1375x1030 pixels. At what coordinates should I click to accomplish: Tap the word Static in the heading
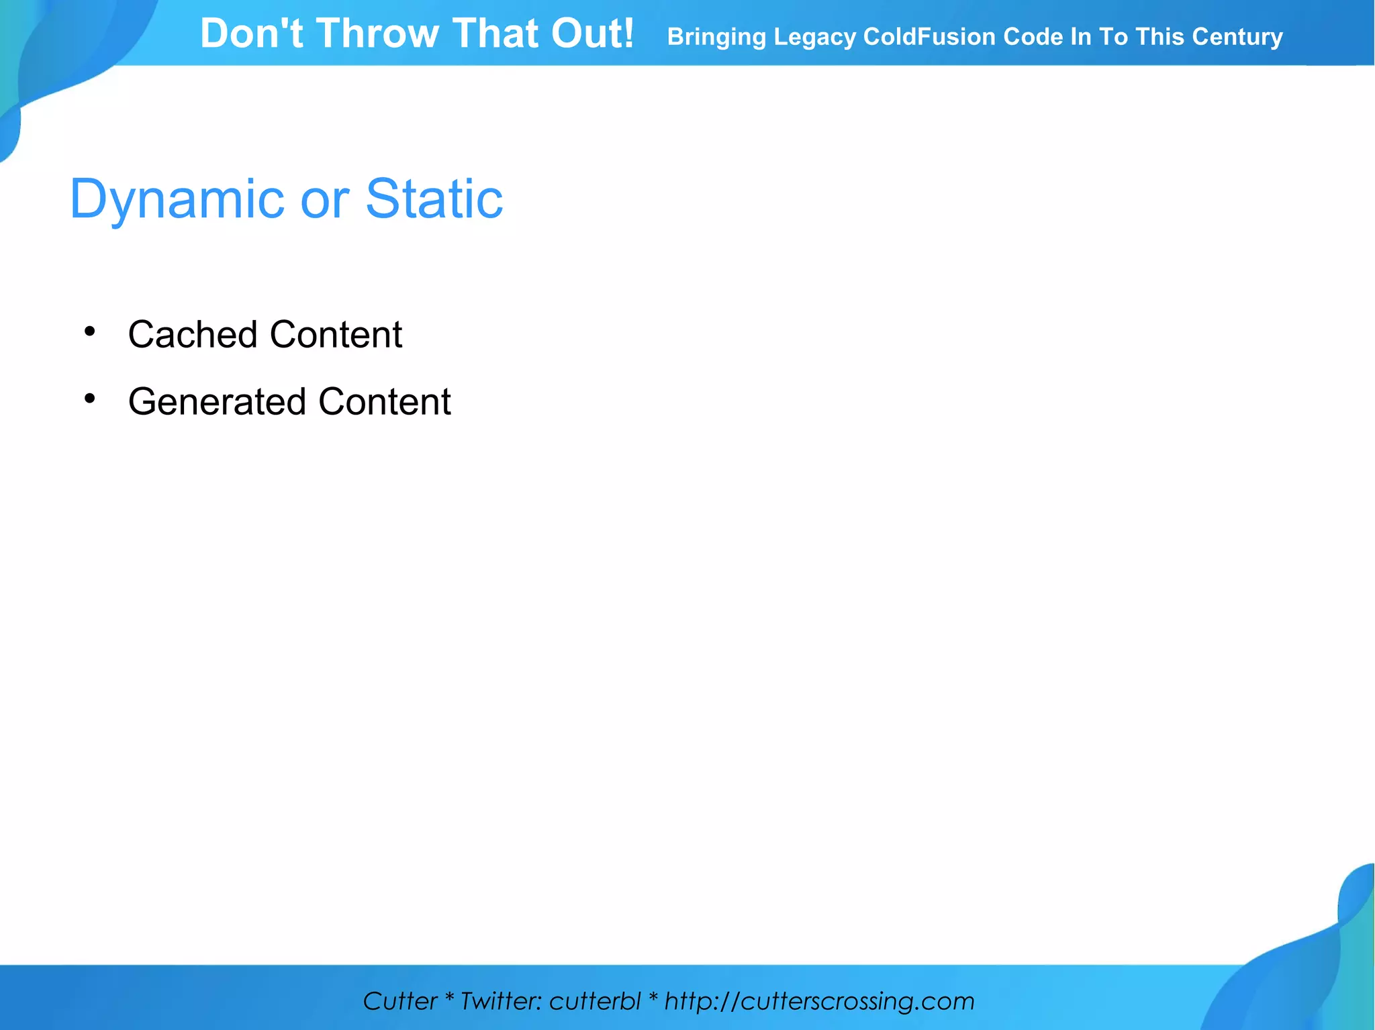pyautogui.click(x=434, y=199)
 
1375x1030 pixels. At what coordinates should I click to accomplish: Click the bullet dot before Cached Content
pyautogui.click(x=90, y=331)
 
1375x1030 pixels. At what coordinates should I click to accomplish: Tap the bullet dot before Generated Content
pyautogui.click(x=90, y=399)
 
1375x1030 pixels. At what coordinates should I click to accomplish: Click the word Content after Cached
pyautogui.click(x=336, y=334)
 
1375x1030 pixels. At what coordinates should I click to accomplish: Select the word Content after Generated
pyautogui.click(x=385, y=401)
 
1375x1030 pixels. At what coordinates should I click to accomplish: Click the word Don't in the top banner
pyautogui.click(x=252, y=34)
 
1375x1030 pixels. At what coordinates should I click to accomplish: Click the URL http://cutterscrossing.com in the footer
pyautogui.click(x=819, y=1001)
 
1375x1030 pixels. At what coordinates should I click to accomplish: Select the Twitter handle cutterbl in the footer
pyautogui.click(x=594, y=1001)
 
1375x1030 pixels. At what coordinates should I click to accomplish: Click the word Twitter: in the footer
pyautogui.click(x=501, y=1001)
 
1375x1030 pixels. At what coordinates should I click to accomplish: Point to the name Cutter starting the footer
pyautogui.click(x=400, y=1001)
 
